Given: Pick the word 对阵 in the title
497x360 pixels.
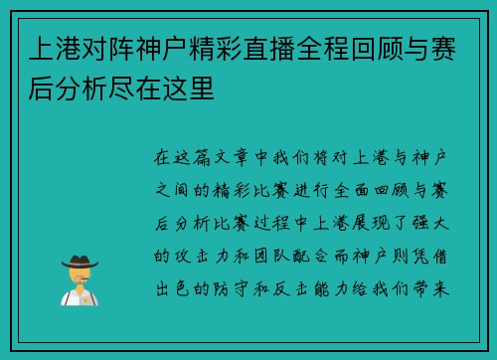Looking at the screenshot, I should click(x=100, y=48).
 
